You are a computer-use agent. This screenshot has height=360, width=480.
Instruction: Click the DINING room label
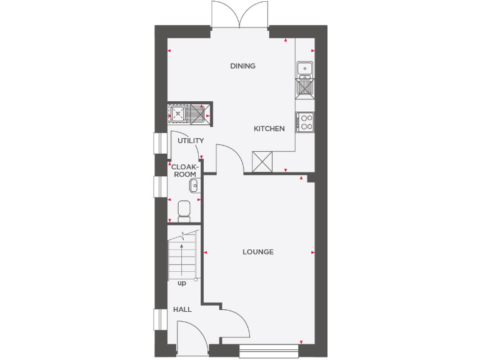[242, 66]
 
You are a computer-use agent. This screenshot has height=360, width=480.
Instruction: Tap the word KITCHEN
[269, 129]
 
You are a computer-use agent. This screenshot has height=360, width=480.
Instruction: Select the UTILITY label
[190, 141]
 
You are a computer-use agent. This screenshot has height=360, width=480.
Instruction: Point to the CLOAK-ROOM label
[184, 171]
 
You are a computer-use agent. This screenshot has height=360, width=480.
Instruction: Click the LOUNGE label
[258, 252]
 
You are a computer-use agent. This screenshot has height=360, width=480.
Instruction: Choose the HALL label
[182, 309]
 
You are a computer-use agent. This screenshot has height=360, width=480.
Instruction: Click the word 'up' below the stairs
[182, 283]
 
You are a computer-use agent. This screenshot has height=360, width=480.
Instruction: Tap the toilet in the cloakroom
[184, 210]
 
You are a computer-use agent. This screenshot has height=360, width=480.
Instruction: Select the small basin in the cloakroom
[194, 184]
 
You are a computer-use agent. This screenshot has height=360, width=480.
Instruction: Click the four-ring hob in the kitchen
[306, 122]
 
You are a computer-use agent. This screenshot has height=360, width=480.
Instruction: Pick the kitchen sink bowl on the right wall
[305, 67]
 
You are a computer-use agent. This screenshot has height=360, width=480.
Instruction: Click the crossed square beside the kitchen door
[262, 161]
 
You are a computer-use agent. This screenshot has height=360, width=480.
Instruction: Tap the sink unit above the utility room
[189, 114]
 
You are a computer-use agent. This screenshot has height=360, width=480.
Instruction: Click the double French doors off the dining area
[240, 14]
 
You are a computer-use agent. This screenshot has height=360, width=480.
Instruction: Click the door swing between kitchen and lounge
[229, 157]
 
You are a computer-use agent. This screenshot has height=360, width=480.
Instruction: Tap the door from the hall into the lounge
[236, 322]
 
